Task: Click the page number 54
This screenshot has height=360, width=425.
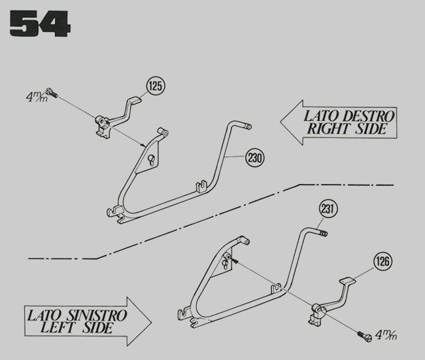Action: click(39, 24)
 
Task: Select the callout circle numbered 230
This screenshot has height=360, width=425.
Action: click(256, 158)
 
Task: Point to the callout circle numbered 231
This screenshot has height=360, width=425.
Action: click(330, 209)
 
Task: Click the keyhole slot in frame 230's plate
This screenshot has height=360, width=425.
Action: click(152, 161)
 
